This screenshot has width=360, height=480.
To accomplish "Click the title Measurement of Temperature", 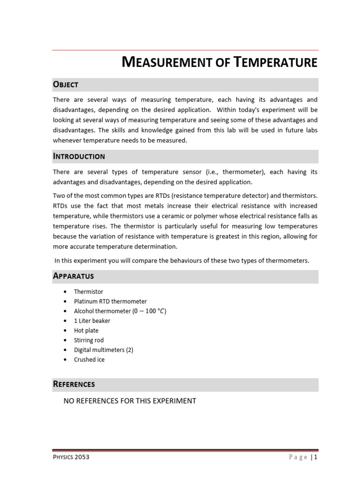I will coord(219,62).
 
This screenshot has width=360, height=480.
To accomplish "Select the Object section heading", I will coord(66,85).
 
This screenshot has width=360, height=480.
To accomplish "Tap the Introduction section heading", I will coord(79,156).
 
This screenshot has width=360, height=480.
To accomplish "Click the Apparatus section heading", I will coord(73,276).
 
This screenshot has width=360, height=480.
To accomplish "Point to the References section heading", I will coord(74,384).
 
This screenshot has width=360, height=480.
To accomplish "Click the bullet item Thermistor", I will coord(89,292).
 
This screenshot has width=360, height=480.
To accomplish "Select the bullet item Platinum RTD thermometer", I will coord(110,301).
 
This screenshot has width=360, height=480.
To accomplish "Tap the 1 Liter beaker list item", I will coord(92,321).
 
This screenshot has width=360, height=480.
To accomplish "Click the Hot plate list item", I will coord(86,330).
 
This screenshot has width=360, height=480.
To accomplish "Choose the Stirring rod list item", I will coord(89,340).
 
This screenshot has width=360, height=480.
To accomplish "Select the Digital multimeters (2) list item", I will coord(104,350).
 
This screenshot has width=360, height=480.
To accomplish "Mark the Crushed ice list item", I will coord(89,360).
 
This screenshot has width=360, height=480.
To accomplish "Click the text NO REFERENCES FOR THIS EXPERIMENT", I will coord(129,401).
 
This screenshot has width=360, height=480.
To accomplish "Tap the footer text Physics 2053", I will coord(71,457).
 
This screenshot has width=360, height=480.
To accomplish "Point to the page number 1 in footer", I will coord(316,457).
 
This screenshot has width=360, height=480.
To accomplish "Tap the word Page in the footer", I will coord(299,457).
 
